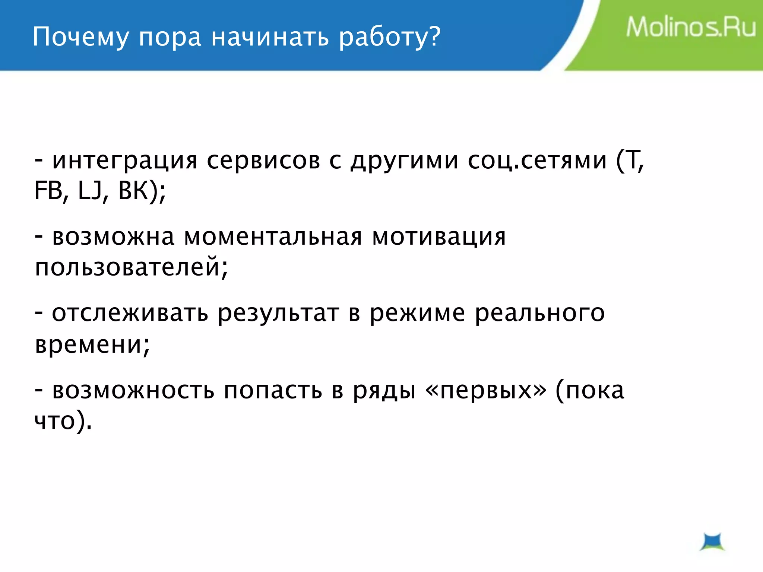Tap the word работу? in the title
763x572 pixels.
click(390, 37)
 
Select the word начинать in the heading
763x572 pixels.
click(270, 37)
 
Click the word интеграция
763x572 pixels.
click(124, 161)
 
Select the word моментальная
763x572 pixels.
click(273, 237)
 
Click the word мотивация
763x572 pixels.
click(439, 237)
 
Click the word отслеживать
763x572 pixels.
click(130, 313)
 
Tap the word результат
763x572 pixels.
click(278, 313)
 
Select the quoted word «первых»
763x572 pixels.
click(486, 390)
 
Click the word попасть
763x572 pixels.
click(273, 390)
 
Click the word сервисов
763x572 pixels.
click(263, 161)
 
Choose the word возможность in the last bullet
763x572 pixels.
click(133, 390)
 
